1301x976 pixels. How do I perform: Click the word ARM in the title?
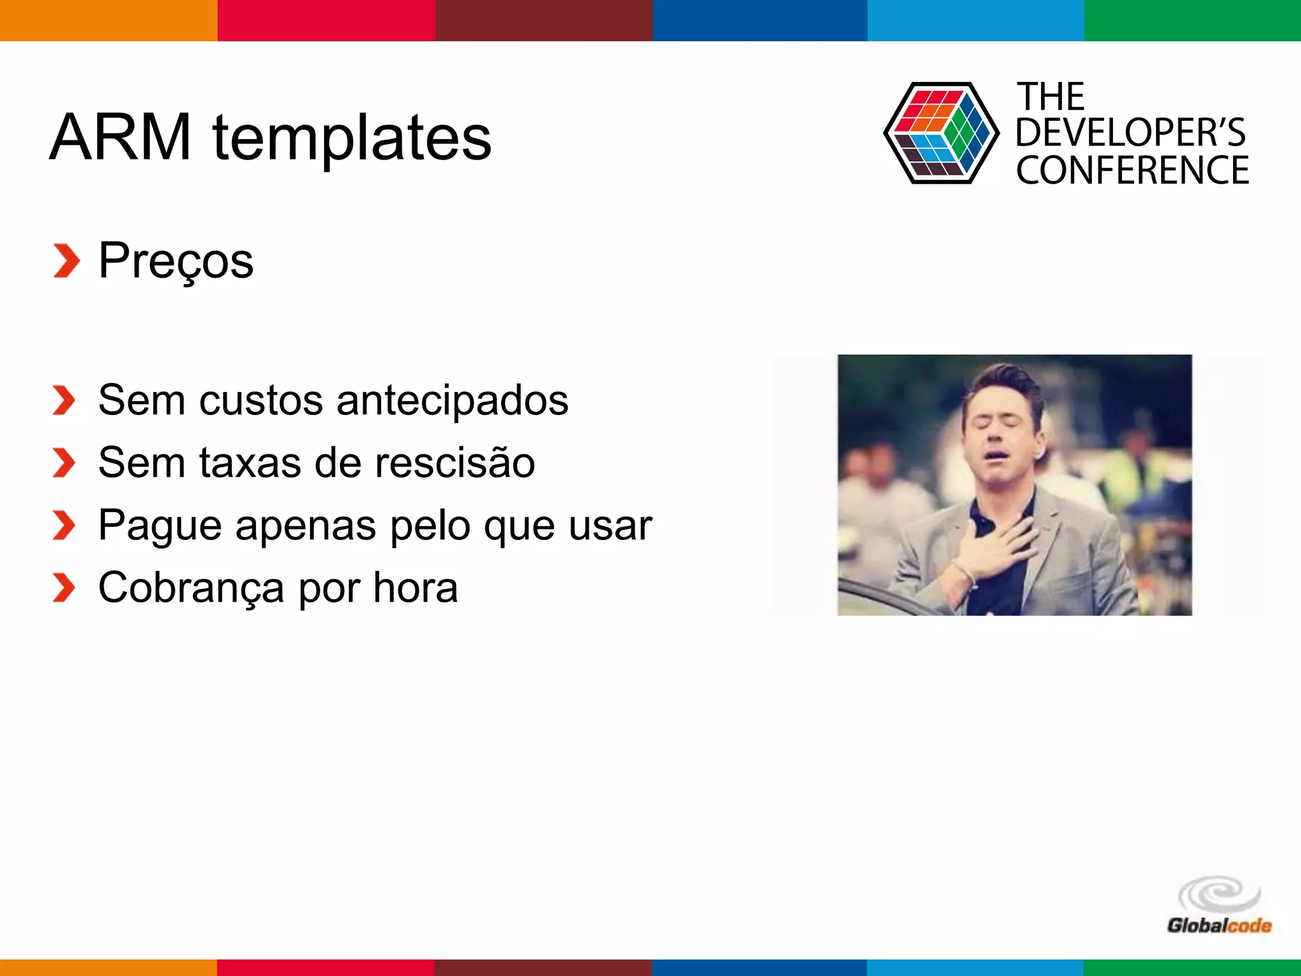click(120, 137)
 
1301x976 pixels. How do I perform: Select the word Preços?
click(176, 261)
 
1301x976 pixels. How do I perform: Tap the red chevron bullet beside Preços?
click(66, 261)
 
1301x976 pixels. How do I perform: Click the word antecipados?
click(452, 400)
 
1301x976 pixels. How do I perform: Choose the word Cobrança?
click(191, 588)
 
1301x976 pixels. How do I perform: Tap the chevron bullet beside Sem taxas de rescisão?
click(64, 462)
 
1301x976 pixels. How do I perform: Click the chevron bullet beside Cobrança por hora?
click(64, 587)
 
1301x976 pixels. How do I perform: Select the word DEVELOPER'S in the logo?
click(1130, 133)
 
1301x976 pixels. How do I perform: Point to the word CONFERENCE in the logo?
click(1132, 170)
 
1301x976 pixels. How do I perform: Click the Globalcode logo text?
click(1218, 925)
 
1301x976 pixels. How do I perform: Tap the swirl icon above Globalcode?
click(1218, 895)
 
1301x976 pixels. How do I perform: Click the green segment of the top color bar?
click(1192, 20)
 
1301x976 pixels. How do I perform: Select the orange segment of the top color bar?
click(109, 20)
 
